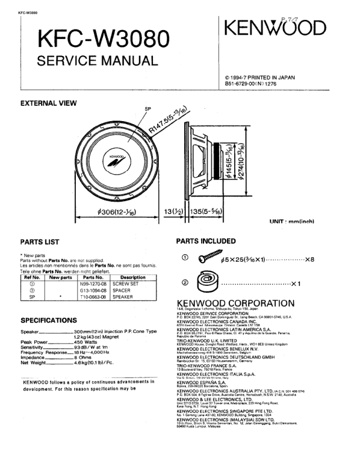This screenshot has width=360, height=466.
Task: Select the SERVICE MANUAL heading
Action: pyautogui.click(x=97, y=61)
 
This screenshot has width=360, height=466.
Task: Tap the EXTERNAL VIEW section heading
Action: pyautogui.click(x=49, y=104)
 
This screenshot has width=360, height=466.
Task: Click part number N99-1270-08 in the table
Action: pyautogui.click(x=94, y=283)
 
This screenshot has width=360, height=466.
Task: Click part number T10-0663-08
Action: pyautogui.click(x=94, y=298)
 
